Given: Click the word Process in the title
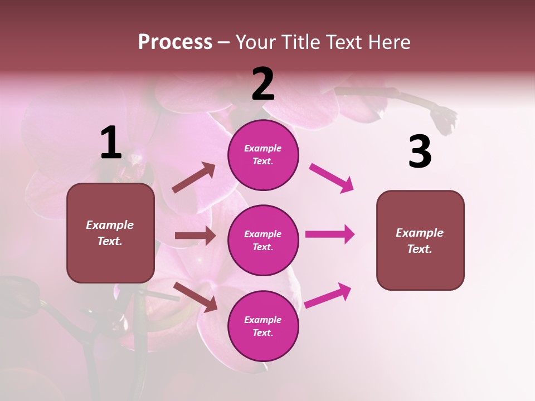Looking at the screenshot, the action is pyautogui.click(x=175, y=42).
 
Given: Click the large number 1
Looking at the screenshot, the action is pyautogui.click(x=111, y=143).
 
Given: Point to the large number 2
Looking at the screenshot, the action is pyautogui.click(x=263, y=84).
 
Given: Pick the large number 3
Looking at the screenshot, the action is pyautogui.click(x=420, y=151).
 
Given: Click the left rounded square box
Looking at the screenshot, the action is pyautogui.click(x=110, y=233).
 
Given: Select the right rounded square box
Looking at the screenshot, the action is pyautogui.click(x=420, y=241).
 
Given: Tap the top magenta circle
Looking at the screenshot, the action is pyautogui.click(x=263, y=155).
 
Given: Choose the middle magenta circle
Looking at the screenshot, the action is pyautogui.click(x=263, y=240).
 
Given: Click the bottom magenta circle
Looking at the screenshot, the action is pyautogui.click(x=263, y=326).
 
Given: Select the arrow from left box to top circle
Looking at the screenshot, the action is pyautogui.click(x=194, y=178).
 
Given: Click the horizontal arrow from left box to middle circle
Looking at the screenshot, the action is pyautogui.click(x=195, y=236).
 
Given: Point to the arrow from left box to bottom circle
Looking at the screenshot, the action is pyautogui.click(x=196, y=296).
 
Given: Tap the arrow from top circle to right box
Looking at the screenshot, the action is pyautogui.click(x=332, y=178).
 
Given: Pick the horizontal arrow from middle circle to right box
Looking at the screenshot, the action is pyautogui.click(x=330, y=234).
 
